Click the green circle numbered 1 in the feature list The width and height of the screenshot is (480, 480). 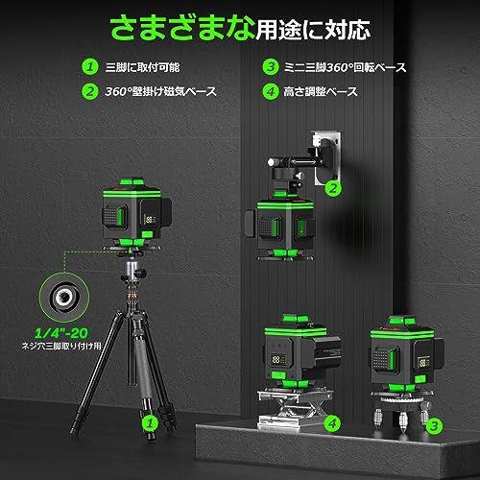[x=90, y=67]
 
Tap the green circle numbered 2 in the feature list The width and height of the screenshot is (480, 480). [x=90, y=91]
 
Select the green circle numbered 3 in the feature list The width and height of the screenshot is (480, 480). [x=271, y=67]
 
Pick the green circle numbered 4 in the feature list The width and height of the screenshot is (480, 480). [x=271, y=91]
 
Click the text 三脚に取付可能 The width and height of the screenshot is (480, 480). [x=143, y=67]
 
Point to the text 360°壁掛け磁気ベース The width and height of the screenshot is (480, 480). [x=161, y=92]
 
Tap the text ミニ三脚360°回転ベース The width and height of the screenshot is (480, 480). [x=345, y=67]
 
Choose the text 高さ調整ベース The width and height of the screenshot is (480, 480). [x=321, y=92]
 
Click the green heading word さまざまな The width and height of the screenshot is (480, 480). [x=182, y=28]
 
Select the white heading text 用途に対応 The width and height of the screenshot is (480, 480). [x=313, y=30]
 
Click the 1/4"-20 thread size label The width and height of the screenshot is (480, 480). [x=60, y=333]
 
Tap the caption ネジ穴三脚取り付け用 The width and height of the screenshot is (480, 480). [x=61, y=347]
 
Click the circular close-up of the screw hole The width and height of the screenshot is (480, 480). [x=64, y=298]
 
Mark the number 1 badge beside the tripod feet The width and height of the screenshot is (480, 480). [x=150, y=423]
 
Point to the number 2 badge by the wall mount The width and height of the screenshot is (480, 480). [x=333, y=188]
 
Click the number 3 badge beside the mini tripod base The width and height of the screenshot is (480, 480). [x=434, y=426]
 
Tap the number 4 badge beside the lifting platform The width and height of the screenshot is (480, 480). [x=333, y=423]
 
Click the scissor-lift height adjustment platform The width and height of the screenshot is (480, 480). [x=294, y=407]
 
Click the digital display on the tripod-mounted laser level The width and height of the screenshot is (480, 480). [x=150, y=220]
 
